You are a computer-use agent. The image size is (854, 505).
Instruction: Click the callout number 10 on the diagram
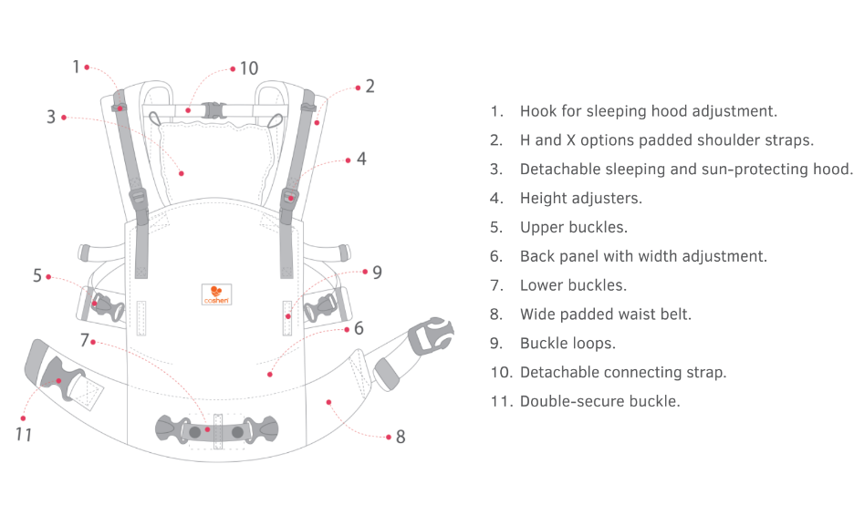[x=249, y=69]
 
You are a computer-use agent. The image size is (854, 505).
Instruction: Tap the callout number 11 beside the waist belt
[x=24, y=434]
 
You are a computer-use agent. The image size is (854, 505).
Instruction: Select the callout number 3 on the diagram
[x=52, y=117]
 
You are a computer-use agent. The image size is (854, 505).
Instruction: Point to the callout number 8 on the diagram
[x=400, y=437]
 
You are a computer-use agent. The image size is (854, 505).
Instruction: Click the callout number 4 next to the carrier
[x=361, y=159]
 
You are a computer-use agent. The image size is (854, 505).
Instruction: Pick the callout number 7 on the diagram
[x=84, y=341]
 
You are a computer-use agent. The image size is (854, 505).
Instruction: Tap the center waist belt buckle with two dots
[x=217, y=431]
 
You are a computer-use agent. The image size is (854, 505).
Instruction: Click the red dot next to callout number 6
[x=270, y=373]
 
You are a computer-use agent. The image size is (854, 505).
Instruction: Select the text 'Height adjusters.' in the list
[x=580, y=198]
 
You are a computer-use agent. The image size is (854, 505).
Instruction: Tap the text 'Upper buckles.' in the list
[x=573, y=227]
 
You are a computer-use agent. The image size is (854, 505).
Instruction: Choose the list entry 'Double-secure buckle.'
[x=599, y=401]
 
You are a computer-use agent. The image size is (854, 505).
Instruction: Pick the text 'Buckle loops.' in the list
[x=568, y=343]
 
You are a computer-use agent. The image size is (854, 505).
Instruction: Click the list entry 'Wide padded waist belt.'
[x=605, y=314]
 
